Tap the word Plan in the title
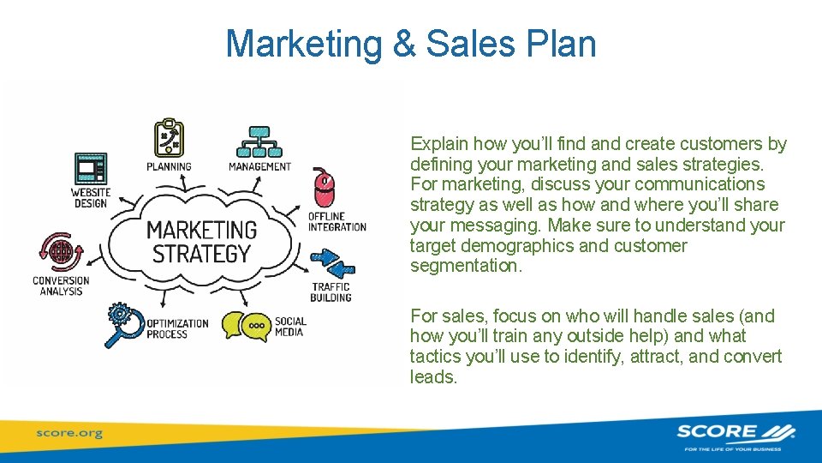562,44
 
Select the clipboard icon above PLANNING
168,138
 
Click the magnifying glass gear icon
123,325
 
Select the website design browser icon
91,168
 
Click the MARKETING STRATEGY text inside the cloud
200,242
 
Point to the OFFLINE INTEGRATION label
337,221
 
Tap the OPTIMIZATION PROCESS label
177,328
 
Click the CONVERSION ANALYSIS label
61,286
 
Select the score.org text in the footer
68,433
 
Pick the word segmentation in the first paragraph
464,266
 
